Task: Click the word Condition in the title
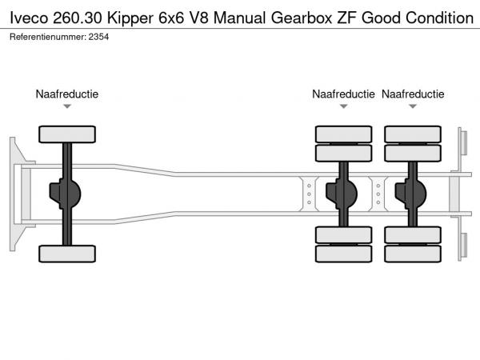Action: click(x=438, y=17)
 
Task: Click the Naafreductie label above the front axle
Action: click(x=67, y=94)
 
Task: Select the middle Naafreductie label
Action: click(x=343, y=94)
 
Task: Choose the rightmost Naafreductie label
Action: click(x=413, y=94)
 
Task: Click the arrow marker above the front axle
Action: click(x=67, y=106)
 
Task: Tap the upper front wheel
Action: click(x=67, y=134)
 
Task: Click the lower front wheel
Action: click(x=67, y=254)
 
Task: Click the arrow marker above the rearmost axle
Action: click(x=413, y=106)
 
